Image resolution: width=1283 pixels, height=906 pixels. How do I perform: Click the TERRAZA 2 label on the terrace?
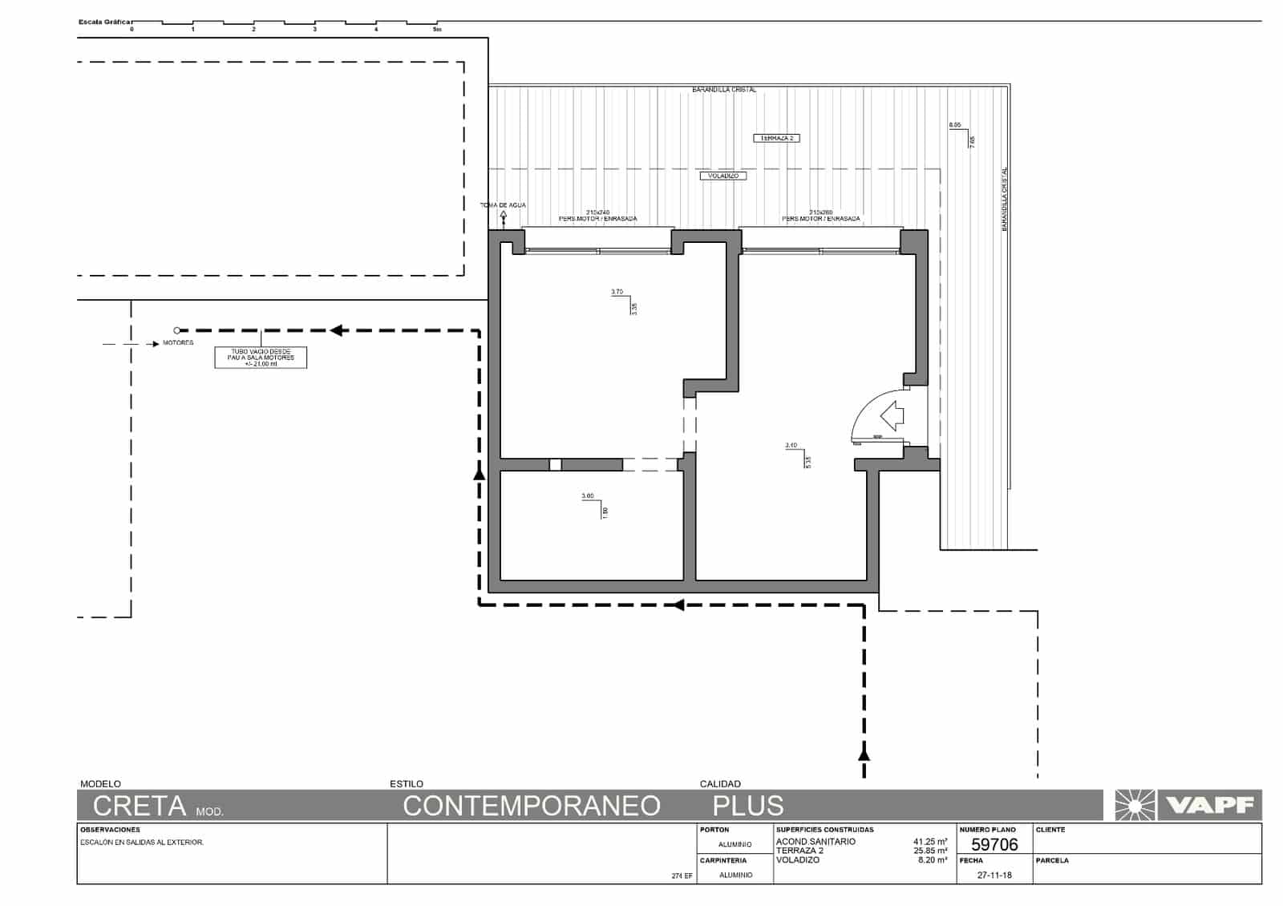click(x=776, y=138)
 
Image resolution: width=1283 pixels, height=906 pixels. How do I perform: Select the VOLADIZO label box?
click(x=722, y=176)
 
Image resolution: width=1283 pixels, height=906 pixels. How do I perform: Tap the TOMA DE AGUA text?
click(x=503, y=205)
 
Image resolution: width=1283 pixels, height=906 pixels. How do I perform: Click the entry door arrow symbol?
click(x=892, y=416)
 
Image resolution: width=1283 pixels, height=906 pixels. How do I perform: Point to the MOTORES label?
click(x=178, y=343)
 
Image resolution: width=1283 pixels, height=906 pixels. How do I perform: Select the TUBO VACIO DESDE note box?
click(x=261, y=358)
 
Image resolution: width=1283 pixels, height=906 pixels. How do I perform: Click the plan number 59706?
click(x=994, y=844)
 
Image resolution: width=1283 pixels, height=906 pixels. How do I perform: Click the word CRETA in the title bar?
click(x=140, y=805)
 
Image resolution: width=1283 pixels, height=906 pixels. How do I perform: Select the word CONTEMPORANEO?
click(x=531, y=805)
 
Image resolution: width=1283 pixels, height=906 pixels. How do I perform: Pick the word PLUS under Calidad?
click(x=747, y=805)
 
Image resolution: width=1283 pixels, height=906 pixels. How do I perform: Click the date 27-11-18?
click(x=994, y=875)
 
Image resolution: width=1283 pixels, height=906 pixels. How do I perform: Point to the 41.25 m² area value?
click(x=930, y=842)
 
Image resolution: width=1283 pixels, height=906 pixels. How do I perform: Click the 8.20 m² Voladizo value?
click(x=933, y=859)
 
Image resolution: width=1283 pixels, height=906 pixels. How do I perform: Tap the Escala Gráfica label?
click(x=104, y=22)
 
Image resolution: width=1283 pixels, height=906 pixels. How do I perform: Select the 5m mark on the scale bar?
click(x=437, y=30)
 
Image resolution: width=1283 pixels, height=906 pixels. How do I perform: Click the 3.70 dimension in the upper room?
click(x=617, y=292)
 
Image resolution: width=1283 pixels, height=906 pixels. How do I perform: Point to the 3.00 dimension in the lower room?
click(x=588, y=496)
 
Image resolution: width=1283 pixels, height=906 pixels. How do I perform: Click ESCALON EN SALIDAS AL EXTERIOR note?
click(x=142, y=843)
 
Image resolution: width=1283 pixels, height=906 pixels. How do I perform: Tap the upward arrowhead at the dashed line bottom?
click(x=864, y=753)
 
